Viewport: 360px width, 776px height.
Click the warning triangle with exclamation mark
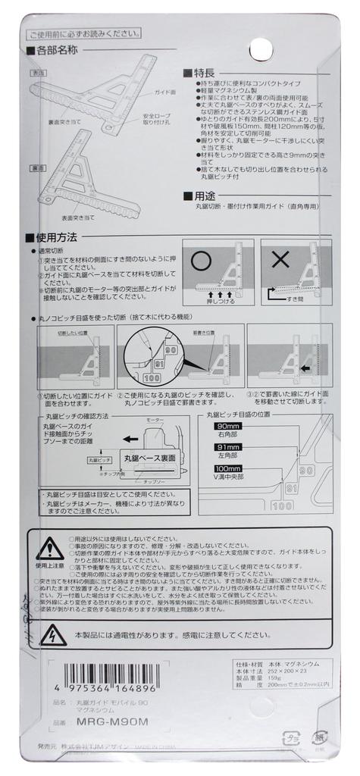tap(49, 547)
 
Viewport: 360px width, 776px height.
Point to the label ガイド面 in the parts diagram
tap(165, 92)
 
